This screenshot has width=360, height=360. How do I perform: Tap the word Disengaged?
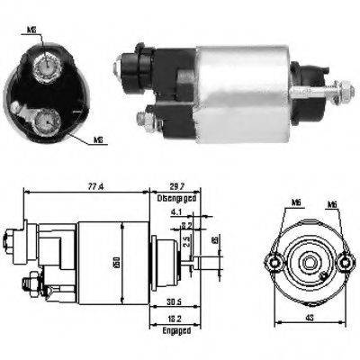point(175,197)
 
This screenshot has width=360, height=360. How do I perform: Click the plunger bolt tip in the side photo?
point(346,90)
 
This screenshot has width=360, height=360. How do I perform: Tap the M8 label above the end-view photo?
point(31,29)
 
